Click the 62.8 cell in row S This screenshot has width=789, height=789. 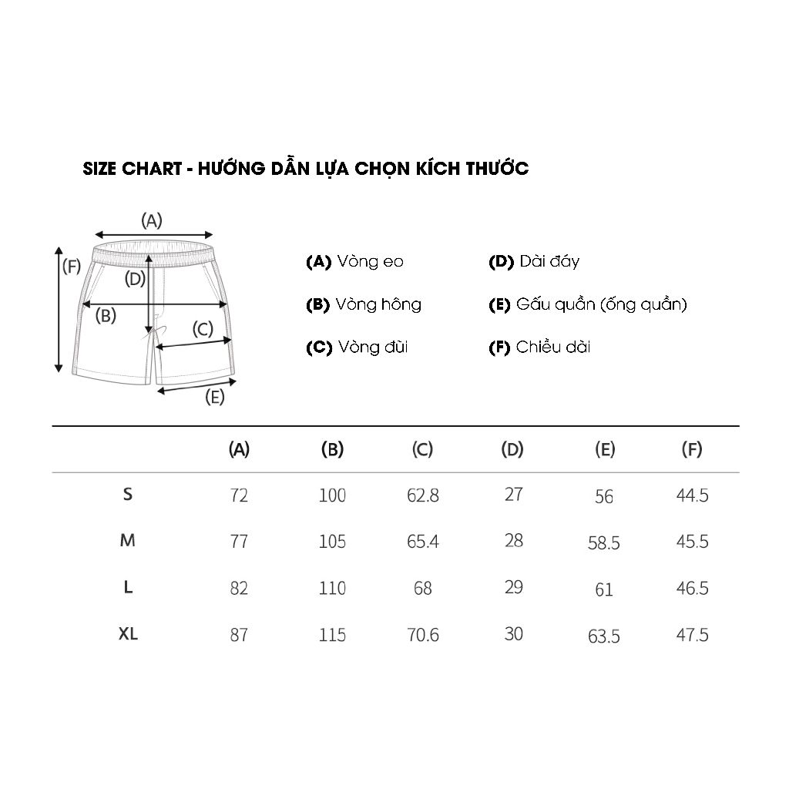point(423,495)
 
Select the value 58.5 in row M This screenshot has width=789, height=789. point(604,543)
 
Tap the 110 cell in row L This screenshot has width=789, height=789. point(332,588)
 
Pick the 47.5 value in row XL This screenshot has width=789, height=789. point(693,635)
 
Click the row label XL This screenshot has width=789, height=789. point(128,634)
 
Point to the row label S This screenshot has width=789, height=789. point(128,495)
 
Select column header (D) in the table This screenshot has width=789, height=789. point(512,449)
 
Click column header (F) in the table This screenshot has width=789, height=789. point(692,449)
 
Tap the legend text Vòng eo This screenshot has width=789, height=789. point(371,262)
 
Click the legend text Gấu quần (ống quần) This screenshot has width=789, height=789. point(602,305)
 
